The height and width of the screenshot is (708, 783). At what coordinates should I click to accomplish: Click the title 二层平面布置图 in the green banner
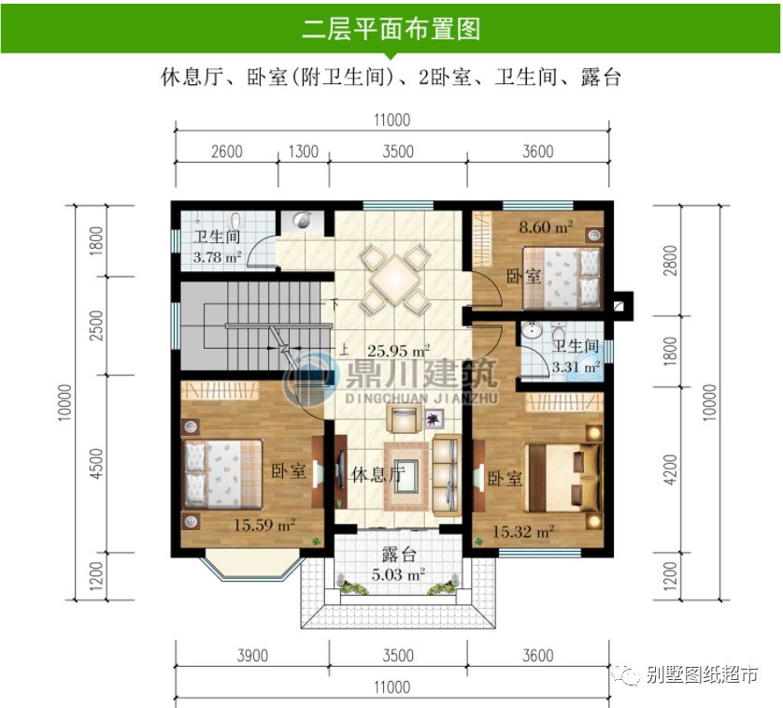pos(391,28)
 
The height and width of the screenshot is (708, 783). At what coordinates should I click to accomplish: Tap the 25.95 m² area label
pos(398,351)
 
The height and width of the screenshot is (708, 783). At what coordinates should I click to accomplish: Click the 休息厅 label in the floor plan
pos(377,475)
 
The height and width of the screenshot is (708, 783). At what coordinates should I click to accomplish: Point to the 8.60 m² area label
pos(546,226)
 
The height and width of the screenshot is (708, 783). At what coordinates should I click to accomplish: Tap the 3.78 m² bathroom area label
pos(217,256)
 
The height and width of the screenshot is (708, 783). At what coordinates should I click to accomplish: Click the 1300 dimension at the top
pos(302,152)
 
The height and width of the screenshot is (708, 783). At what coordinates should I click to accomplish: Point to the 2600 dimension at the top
pos(227,152)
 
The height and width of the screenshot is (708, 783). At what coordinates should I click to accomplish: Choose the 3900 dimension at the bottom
pos(252,655)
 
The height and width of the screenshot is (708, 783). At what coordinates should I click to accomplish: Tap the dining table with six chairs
pos(396,277)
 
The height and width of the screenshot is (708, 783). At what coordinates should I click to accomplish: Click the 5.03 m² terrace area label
pos(398,575)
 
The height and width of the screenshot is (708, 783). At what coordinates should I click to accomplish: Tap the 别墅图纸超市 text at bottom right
pos(701,675)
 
